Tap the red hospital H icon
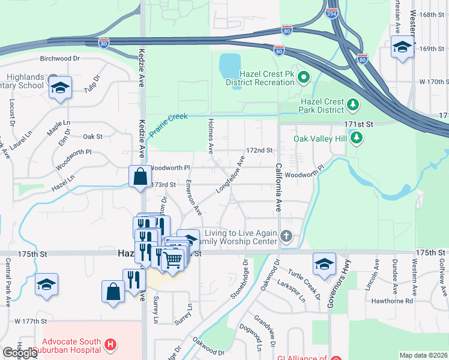tap(110, 344)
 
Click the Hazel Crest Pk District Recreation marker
tap(304, 77)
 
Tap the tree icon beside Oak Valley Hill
tap(357, 139)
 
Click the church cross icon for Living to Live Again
tap(287, 237)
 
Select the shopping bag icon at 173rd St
tap(140, 176)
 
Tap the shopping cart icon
tap(173, 259)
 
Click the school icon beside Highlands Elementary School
tap(60, 88)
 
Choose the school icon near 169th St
tap(402, 47)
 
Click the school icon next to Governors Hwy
tap(324, 263)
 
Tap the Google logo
tap(20, 353)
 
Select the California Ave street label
tap(279, 187)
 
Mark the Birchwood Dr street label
tap(60, 59)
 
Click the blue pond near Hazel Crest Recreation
tap(229, 66)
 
